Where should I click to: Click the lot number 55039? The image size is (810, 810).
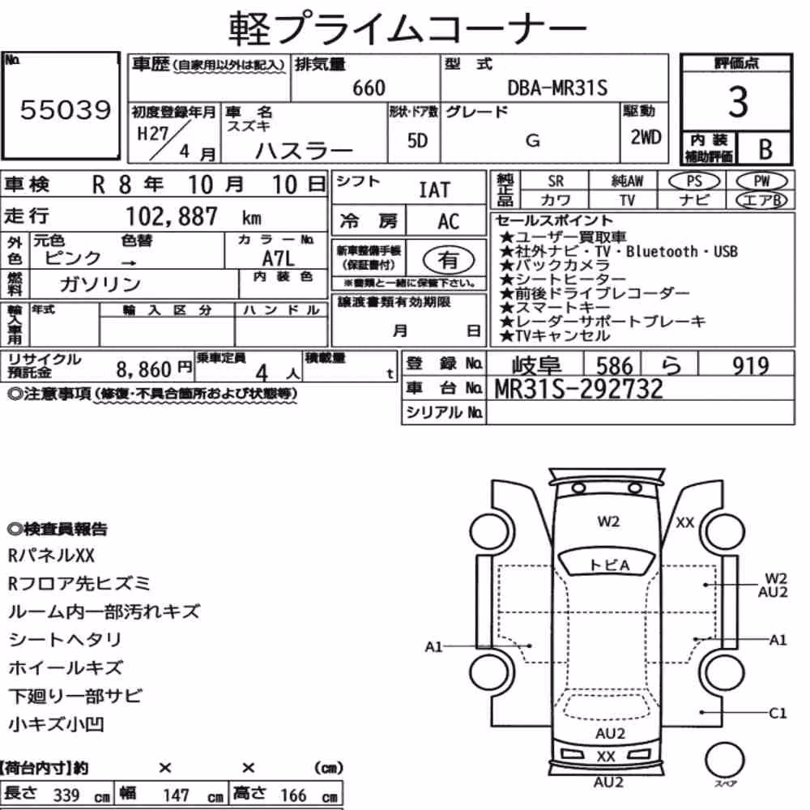tap(65, 109)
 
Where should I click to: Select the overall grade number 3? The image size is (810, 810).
tap(738, 102)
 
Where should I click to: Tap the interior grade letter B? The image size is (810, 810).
tap(765, 149)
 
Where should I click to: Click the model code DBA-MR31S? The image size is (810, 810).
tap(557, 87)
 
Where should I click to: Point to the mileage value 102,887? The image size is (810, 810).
tap(172, 216)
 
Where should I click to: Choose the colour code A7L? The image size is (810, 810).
tap(278, 258)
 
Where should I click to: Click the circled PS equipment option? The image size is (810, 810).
tap(694, 181)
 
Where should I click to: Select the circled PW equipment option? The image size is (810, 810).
tap(761, 181)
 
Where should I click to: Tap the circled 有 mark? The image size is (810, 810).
tap(449, 260)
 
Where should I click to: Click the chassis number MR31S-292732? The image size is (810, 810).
tap(578, 389)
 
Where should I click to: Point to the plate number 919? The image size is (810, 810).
tap(750, 366)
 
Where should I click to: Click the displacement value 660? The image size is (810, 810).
tap(369, 87)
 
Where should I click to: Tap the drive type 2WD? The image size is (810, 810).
tap(646, 137)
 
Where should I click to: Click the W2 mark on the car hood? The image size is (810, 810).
tap(608, 521)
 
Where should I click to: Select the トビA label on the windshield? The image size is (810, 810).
tap(610, 565)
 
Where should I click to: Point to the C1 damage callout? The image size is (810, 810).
tap(778, 714)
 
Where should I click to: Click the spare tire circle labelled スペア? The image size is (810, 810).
tap(724, 761)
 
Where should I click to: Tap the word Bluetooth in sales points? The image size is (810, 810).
tap(662, 252)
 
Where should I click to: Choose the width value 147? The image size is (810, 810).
tap(176, 795)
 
